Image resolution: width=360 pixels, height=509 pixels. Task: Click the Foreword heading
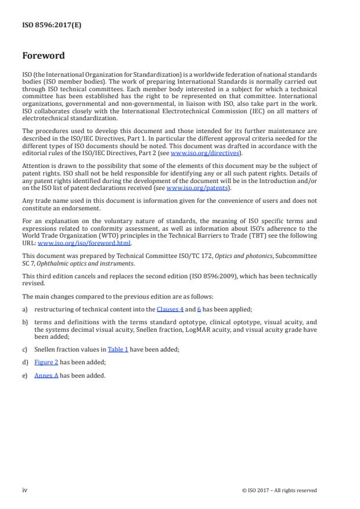(x=43, y=56)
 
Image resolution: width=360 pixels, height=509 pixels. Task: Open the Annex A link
(x=46, y=375)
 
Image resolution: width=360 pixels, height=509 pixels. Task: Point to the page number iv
(x=25, y=490)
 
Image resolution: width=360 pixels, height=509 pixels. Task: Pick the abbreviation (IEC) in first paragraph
(x=250, y=111)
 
